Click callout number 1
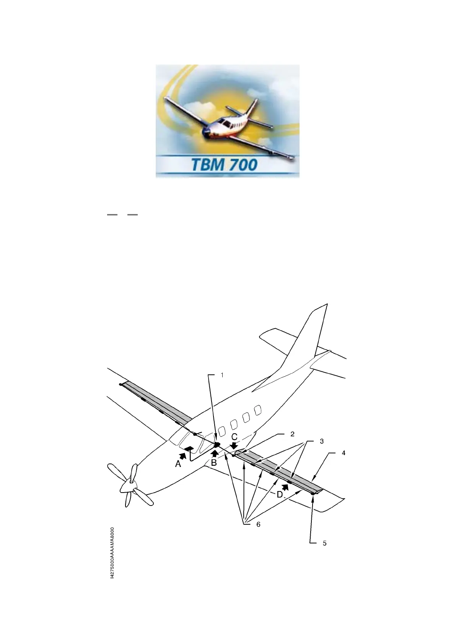coord(222,375)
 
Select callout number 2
coord(292,434)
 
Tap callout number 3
coord(322,441)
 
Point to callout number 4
coord(344,453)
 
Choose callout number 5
coord(324,543)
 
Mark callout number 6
coord(258,524)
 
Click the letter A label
coord(178,464)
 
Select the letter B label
coord(214,462)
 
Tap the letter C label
coord(235,437)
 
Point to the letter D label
coord(280,494)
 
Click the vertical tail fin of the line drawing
coord(306,344)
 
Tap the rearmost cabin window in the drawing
coord(258,410)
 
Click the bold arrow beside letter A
coord(184,455)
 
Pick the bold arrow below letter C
coord(234,445)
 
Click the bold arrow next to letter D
coord(285,487)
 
